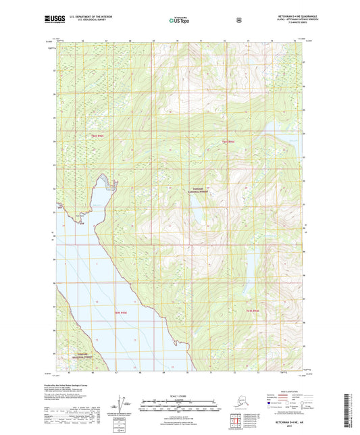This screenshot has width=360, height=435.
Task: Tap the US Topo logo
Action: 179,20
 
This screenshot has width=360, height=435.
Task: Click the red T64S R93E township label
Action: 228,141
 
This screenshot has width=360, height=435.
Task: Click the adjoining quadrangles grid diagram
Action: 236,423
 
